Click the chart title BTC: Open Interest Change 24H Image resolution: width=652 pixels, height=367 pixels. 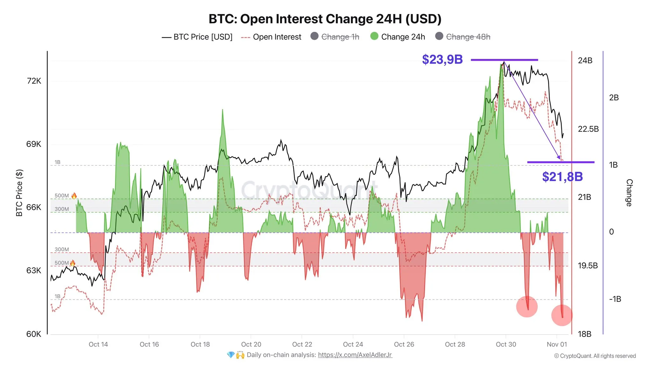pyautogui.click(x=325, y=19)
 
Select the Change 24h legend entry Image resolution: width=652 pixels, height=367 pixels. pyautogui.click(x=398, y=37)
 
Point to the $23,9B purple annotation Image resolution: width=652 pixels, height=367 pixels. pyautogui.click(x=442, y=60)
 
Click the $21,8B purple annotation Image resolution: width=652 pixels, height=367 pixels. pyautogui.click(x=562, y=176)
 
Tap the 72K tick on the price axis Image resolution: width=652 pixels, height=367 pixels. pyautogui.click(x=34, y=81)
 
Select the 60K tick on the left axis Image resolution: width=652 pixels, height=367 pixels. pyautogui.click(x=34, y=334)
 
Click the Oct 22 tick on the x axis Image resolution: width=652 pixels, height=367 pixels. pyautogui.click(x=302, y=344)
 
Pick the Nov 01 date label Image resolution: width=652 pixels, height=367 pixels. pyautogui.click(x=557, y=344)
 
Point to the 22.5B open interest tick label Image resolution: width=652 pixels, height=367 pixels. pyautogui.click(x=588, y=129)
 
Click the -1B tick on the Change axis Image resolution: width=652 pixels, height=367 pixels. pyautogui.click(x=615, y=299)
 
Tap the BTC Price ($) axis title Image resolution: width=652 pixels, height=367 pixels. pyautogui.click(x=19, y=193)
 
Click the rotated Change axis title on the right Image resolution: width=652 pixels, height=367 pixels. pyautogui.click(x=629, y=193)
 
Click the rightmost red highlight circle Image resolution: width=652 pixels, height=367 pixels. pyautogui.click(x=562, y=315)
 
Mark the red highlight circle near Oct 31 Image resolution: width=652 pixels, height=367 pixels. pyautogui.click(x=527, y=307)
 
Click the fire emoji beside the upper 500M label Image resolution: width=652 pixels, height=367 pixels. pyautogui.click(x=74, y=196)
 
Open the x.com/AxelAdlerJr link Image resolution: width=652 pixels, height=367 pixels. pyautogui.click(x=355, y=355)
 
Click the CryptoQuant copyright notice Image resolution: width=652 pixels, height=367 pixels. pyautogui.click(x=595, y=356)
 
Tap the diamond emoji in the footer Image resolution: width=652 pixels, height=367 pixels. pyautogui.click(x=231, y=355)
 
